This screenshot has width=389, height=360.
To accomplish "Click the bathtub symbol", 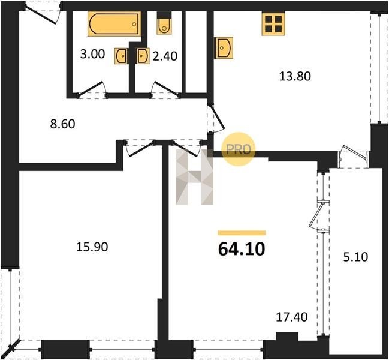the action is [x=114, y=24].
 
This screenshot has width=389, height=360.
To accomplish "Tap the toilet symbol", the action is [x=164, y=23].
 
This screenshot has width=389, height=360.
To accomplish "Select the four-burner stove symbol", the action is [x=273, y=24].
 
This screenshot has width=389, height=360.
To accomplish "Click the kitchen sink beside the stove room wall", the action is [x=224, y=48].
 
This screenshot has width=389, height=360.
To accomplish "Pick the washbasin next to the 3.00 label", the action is [x=121, y=56].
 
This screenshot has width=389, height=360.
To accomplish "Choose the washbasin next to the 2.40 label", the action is [x=143, y=56].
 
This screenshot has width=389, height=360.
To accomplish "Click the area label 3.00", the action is [x=92, y=54].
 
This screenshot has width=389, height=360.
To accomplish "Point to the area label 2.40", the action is [x=165, y=56].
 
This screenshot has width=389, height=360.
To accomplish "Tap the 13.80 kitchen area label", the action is [x=295, y=76].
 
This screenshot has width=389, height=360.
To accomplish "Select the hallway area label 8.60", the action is [x=62, y=124].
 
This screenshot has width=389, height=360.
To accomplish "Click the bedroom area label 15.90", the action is [x=92, y=247].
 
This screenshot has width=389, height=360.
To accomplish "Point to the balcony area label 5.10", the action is [x=356, y=257].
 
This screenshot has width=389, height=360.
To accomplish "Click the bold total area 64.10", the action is [x=242, y=249].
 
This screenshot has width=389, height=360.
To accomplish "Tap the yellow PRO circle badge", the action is [x=239, y=149].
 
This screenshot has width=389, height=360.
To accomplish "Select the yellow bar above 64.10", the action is [x=242, y=233].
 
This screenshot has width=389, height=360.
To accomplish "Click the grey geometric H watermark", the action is [x=194, y=177].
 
